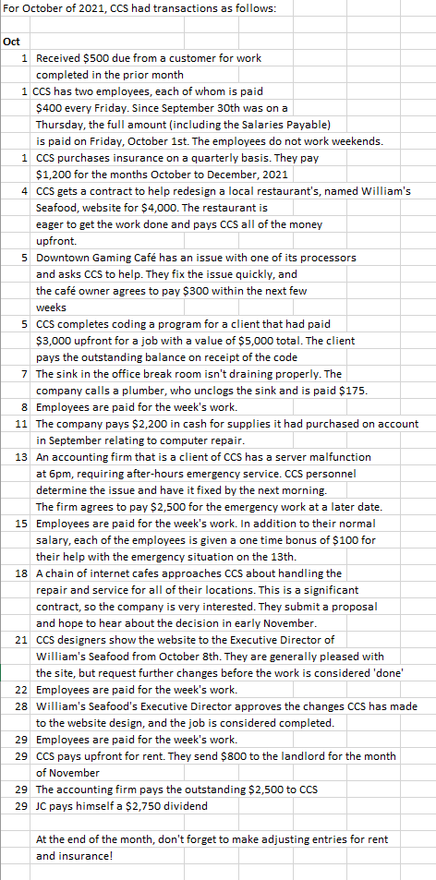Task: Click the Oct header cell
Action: (13, 42)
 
